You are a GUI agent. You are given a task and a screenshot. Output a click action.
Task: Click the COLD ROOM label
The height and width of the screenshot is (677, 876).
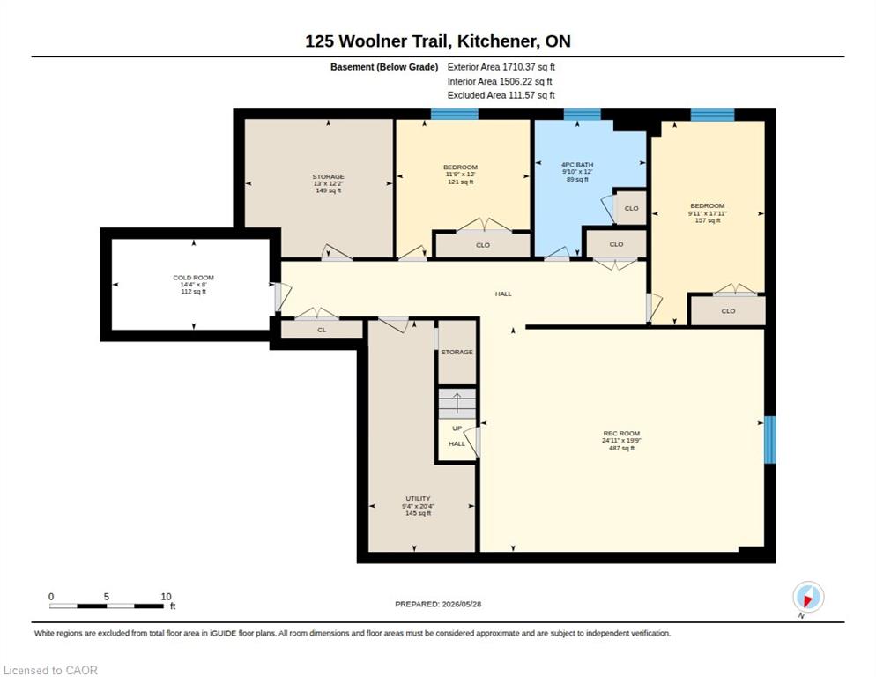(x=193, y=278)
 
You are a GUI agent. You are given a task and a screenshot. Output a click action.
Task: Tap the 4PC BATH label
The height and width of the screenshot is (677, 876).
(x=577, y=164)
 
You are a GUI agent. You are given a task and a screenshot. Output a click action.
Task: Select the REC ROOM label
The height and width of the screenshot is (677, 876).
(x=621, y=433)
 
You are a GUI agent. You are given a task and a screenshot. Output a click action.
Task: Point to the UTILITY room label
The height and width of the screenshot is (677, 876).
(x=418, y=498)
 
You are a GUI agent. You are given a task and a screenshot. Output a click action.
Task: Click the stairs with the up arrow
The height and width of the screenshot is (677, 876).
(x=457, y=403)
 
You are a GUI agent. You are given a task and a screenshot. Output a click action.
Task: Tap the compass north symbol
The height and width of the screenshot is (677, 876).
(x=808, y=598)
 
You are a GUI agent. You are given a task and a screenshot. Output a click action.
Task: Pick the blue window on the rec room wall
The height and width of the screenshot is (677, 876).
(x=770, y=439)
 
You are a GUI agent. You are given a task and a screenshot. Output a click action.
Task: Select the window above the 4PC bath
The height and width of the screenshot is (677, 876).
(x=582, y=114)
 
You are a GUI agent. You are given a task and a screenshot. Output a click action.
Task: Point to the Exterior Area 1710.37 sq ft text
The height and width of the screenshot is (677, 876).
(x=501, y=67)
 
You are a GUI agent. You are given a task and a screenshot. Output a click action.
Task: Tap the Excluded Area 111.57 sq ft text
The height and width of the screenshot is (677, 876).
(x=501, y=95)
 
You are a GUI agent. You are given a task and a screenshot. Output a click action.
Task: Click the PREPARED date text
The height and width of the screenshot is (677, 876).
(x=438, y=604)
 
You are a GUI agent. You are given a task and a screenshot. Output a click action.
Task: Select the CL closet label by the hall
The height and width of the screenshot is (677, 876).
(x=322, y=330)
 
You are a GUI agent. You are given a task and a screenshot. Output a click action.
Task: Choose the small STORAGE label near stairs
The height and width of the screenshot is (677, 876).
(x=457, y=353)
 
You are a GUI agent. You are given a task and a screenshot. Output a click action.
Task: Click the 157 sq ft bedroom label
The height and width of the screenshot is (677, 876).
(x=708, y=220)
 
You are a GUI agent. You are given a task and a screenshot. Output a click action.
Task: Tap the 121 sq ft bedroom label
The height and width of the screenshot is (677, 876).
(x=460, y=182)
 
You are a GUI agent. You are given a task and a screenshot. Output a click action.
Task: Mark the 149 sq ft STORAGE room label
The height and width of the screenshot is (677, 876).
(x=329, y=190)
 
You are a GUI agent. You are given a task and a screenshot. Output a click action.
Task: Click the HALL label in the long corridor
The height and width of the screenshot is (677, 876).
(x=503, y=294)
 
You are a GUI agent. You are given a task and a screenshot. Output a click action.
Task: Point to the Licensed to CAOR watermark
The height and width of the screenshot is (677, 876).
(x=50, y=670)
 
